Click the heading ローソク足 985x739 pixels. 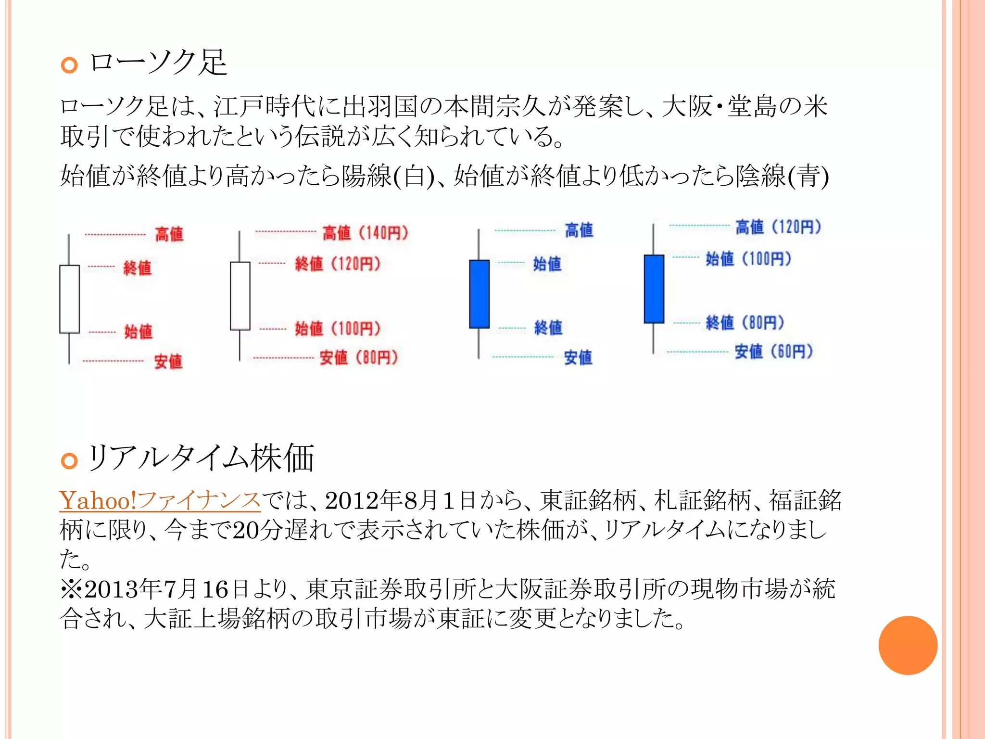coord(158,63)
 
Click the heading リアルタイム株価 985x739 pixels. coord(201,458)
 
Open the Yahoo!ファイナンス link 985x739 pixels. coord(160,500)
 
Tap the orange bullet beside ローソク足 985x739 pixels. coord(69,65)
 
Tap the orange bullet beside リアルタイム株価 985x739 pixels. coord(69,460)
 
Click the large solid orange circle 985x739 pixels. coord(908,645)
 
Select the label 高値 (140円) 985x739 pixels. coord(365,233)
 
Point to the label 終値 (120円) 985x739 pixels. coord(338,264)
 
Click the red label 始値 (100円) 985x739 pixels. coord(338,329)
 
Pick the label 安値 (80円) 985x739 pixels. coord(358,357)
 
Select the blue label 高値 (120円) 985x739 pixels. coord(778,227)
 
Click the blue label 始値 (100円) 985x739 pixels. coord(748,259)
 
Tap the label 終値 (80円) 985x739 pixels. coord(745,322)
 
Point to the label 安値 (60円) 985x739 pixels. coord(773,351)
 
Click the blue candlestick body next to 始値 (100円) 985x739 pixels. coord(654,289)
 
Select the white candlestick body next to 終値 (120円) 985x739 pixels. coord(240,296)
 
